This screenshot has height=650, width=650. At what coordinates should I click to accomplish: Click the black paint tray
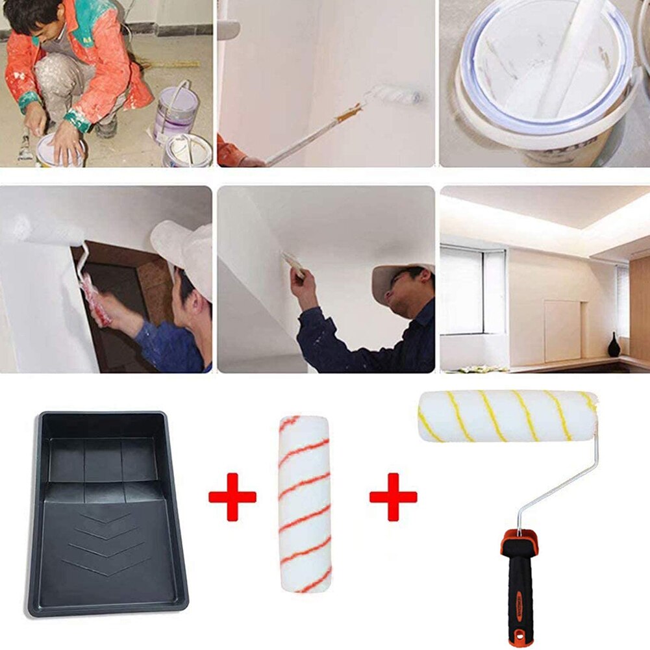[x=107, y=513]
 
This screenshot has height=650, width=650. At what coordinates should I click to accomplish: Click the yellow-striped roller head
[x=506, y=416]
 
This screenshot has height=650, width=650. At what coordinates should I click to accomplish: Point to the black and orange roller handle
[x=519, y=584]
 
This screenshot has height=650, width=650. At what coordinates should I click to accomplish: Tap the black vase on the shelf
[x=614, y=345]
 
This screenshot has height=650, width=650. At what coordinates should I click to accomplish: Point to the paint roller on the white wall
[x=394, y=95]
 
